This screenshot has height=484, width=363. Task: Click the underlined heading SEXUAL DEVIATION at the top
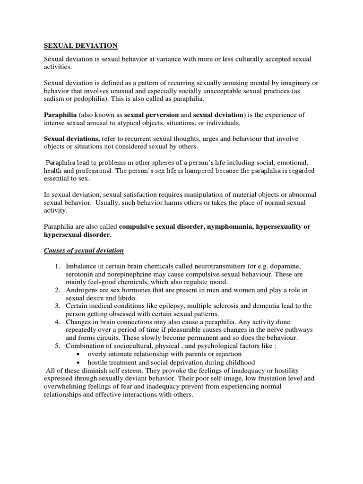click(80, 45)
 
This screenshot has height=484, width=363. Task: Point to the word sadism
click(53, 100)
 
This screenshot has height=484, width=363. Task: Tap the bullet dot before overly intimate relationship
click(78, 354)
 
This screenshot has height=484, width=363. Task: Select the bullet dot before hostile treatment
click(78, 362)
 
